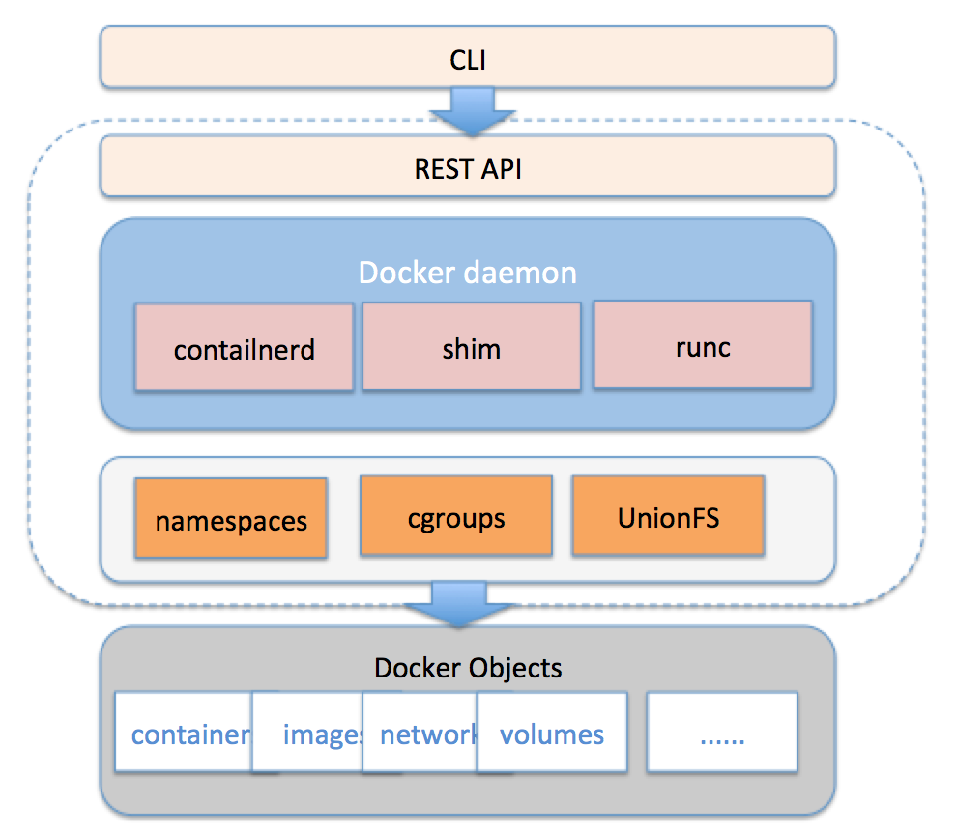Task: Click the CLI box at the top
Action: pyautogui.click(x=468, y=61)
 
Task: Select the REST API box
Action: pyautogui.click(x=468, y=169)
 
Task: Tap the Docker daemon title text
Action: pyautogui.click(x=468, y=273)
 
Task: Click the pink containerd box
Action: pyautogui.click(x=244, y=348)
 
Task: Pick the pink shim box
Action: pyautogui.click(x=471, y=347)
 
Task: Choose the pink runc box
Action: pyautogui.click(x=703, y=345)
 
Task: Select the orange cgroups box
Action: pyautogui.click(x=456, y=516)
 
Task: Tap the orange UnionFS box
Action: pyautogui.click(x=668, y=515)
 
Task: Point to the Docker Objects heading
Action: pyautogui.click(x=468, y=667)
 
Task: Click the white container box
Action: pyautogui.click(x=184, y=734)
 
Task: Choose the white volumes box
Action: pyautogui.click(x=552, y=734)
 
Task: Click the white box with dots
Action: pyautogui.click(x=722, y=734)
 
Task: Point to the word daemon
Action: pyautogui.click(x=523, y=273)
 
